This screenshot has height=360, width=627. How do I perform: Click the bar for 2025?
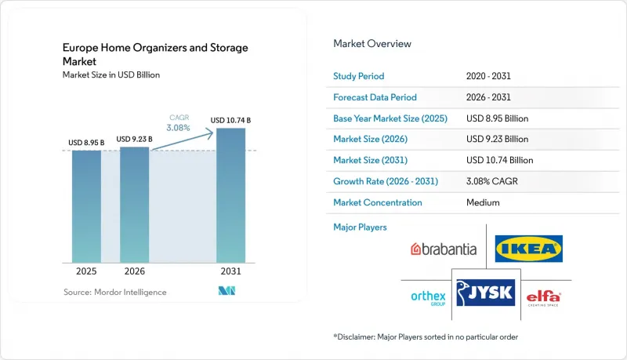click(86, 206)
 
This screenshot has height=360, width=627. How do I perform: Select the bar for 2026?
click(134, 205)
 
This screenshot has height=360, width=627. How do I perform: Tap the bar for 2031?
click(230, 195)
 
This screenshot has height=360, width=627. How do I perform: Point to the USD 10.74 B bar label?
click(230, 121)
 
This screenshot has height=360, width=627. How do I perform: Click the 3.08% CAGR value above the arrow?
click(179, 128)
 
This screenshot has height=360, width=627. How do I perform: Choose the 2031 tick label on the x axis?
click(230, 271)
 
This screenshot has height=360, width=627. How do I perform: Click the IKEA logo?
click(528, 249)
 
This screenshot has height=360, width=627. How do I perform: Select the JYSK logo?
click(486, 293)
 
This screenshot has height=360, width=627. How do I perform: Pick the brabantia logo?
click(444, 249)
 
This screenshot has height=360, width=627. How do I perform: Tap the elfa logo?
click(543, 298)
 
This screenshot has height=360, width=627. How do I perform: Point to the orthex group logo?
click(428, 298)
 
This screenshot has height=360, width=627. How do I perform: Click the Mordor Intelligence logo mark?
click(227, 291)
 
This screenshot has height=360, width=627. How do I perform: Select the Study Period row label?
click(359, 76)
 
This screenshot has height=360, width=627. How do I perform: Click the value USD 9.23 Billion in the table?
click(497, 139)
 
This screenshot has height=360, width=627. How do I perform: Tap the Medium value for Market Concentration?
click(483, 202)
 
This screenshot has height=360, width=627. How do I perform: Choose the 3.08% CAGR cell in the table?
click(492, 181)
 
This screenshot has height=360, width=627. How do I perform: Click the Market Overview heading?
click(372, 44)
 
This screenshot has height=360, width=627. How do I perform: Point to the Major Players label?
click(360, 227)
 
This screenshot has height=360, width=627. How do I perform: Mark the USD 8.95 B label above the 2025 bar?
click(86, 143)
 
